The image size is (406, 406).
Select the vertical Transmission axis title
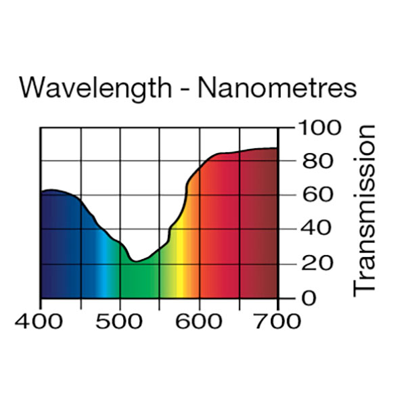click(365, 210)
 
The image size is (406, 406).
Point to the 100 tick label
click(318, 128)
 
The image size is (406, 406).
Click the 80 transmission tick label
click(313, 162)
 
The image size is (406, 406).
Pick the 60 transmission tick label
click(313, 196)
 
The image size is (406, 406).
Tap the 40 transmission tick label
click(313, 229)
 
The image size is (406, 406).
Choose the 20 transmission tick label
click(313, 263)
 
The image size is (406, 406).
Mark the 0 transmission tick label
click(309, 298)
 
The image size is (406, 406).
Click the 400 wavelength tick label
click(41, 320)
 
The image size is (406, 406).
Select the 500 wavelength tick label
click(120, 320)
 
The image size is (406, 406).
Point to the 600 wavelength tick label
click(199, 320)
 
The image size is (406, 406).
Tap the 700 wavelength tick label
click(277, 320)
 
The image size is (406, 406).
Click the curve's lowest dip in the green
click(135, 261)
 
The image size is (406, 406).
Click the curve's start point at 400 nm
click(41, 192)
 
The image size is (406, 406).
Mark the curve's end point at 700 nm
click(277, 148)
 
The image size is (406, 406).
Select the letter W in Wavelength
click(32, 89)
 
